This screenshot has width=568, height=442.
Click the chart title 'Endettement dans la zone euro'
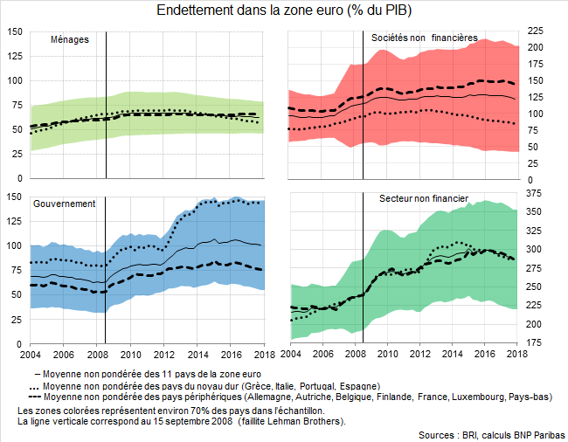click(284, 11)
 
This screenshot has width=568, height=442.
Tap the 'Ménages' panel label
click(69, 39)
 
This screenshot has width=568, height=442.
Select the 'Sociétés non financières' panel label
click(424, 38)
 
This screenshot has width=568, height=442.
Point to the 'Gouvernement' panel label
click(64, 203)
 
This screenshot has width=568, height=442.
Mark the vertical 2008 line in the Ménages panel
click(106, 105)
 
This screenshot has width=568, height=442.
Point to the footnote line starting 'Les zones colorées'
click(170, 410)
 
